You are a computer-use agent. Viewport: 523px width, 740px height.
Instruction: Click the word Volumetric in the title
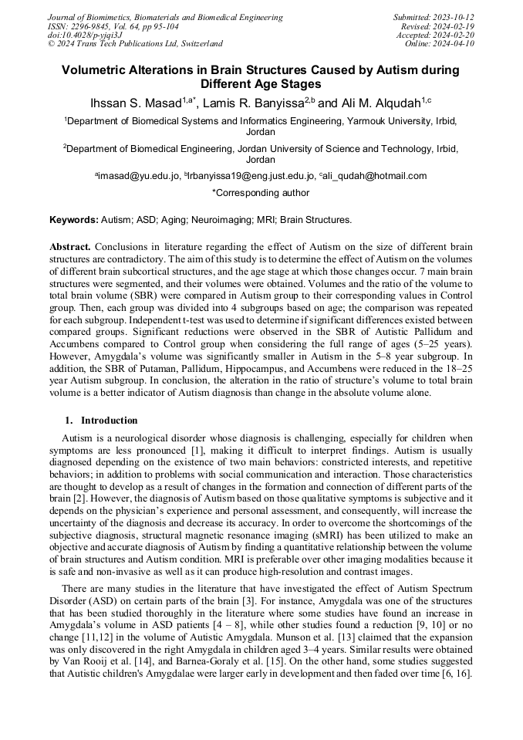point(100,70)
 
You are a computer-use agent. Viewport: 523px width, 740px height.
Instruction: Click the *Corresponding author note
point(261,193)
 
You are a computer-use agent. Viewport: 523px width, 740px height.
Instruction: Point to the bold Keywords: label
point(74,220)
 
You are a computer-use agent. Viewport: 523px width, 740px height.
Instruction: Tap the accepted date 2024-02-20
point(454,35)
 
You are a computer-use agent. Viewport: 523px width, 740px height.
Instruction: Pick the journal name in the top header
point(165,17)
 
